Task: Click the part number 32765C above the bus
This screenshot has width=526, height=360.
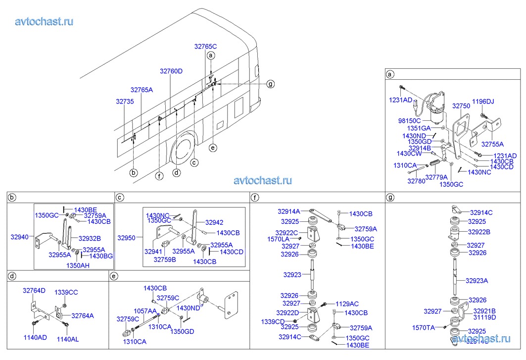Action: [x=205, y=46]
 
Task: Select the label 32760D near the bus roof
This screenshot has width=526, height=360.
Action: [x=171, y=71]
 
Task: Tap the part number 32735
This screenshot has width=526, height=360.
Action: [x=125, y=101]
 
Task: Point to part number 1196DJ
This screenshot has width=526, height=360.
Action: [x=482, y=102]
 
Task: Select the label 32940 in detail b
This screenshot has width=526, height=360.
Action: [x=20, y=237]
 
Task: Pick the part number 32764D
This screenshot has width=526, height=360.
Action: [x=34, y=291]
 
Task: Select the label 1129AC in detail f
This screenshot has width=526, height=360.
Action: [x=347, y=303]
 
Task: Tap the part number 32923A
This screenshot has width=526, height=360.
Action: [x=477, y=281]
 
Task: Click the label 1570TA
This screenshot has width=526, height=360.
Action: [x=424, y=327]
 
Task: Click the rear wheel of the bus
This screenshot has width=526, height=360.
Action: [x=183, y=150]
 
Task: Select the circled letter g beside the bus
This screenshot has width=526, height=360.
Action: [x=270, y=84]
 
